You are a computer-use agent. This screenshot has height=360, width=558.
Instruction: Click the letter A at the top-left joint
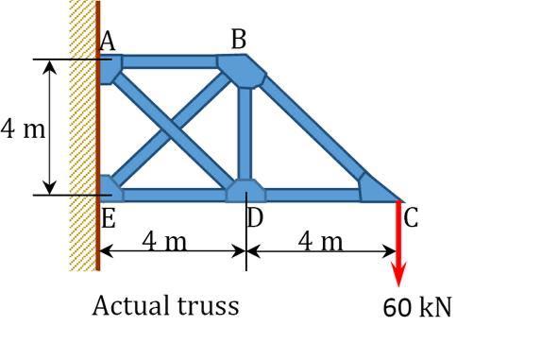point(107,42)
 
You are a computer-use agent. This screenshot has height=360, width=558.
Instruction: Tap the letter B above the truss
point(239,39)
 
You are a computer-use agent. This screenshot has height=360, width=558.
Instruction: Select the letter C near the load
point(411,218)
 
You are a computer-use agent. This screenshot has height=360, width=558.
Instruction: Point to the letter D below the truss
point(255,218)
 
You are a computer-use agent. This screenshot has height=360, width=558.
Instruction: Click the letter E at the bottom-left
point(108,219)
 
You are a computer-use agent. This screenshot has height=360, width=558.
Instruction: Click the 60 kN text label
point(417,306)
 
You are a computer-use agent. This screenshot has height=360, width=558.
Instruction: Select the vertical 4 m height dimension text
point(22,129)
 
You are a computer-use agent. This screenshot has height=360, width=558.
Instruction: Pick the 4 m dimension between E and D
point(165,242)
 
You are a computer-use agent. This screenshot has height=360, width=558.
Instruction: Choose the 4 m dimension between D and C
point(321,242)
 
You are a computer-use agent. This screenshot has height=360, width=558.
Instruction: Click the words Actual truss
point(165,305)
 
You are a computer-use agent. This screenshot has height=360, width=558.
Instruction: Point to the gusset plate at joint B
point(243,65)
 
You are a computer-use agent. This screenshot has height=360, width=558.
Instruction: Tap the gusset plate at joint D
point(245,190)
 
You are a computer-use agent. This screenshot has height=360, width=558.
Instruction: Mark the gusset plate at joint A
point(110,67)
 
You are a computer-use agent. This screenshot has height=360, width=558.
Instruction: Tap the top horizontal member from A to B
point(170,62)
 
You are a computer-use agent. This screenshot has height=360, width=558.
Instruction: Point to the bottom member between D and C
point(312,196)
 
